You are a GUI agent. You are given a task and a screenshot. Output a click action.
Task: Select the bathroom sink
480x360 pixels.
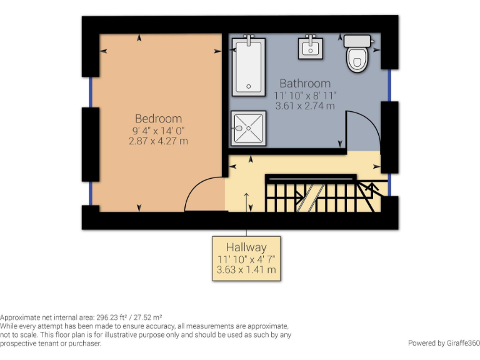coord(311,47)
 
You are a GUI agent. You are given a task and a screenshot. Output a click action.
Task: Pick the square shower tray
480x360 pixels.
coord(248,129)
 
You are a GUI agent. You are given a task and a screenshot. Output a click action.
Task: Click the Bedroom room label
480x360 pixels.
coord(158,118)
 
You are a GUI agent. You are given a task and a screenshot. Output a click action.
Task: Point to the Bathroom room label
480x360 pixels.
coord(305,83)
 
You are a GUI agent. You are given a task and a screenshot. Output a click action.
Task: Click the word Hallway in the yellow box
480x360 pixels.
coord(246,247)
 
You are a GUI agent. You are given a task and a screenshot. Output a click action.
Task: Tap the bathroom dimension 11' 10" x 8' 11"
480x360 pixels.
coord(305,95)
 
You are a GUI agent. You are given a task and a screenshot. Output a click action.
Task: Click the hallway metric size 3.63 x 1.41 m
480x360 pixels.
coord(246,271)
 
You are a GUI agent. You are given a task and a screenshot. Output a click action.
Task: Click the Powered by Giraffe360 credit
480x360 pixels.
coord(443,342)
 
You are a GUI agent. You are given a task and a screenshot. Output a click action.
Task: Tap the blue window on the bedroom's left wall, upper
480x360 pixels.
coord(91,91)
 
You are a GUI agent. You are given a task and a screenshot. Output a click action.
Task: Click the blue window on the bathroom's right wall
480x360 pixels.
coord(389,85)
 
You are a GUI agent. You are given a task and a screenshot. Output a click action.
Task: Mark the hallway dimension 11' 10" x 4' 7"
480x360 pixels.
coord(246,259)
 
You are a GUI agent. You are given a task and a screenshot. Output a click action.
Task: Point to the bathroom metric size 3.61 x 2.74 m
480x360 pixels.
coord(305,106)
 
